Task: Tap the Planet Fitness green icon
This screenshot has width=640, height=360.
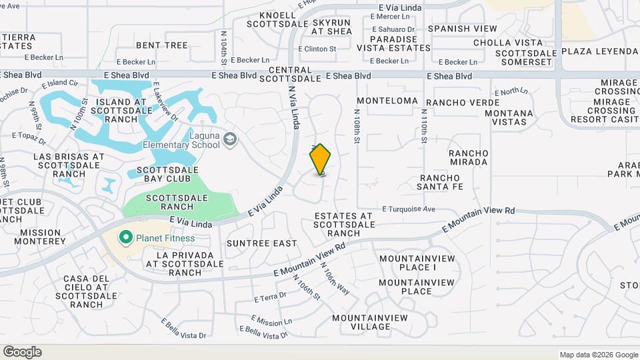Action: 124,238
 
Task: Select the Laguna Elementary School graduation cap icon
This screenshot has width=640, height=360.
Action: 230,139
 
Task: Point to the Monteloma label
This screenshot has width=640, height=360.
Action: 387,101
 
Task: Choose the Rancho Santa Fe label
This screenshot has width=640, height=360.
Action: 440,182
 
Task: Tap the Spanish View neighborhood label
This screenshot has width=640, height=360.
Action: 462,29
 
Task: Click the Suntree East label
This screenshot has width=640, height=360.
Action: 261,243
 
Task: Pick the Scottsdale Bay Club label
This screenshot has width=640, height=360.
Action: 167,175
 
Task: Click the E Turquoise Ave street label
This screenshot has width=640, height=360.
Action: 409,209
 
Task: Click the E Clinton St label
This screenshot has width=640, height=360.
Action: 317,49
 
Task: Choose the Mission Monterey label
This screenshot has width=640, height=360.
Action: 43,237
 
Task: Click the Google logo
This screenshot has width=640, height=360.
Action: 22,352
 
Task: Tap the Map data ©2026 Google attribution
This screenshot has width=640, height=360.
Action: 599,355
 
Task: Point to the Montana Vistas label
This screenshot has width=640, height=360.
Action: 509,117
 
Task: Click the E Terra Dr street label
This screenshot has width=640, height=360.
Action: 270,295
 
